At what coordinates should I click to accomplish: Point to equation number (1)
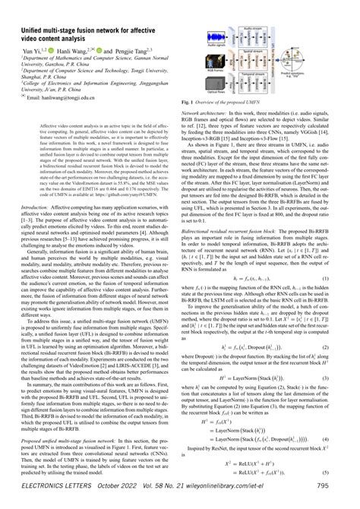[349, 279]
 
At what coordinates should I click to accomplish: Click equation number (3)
[349, 398]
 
